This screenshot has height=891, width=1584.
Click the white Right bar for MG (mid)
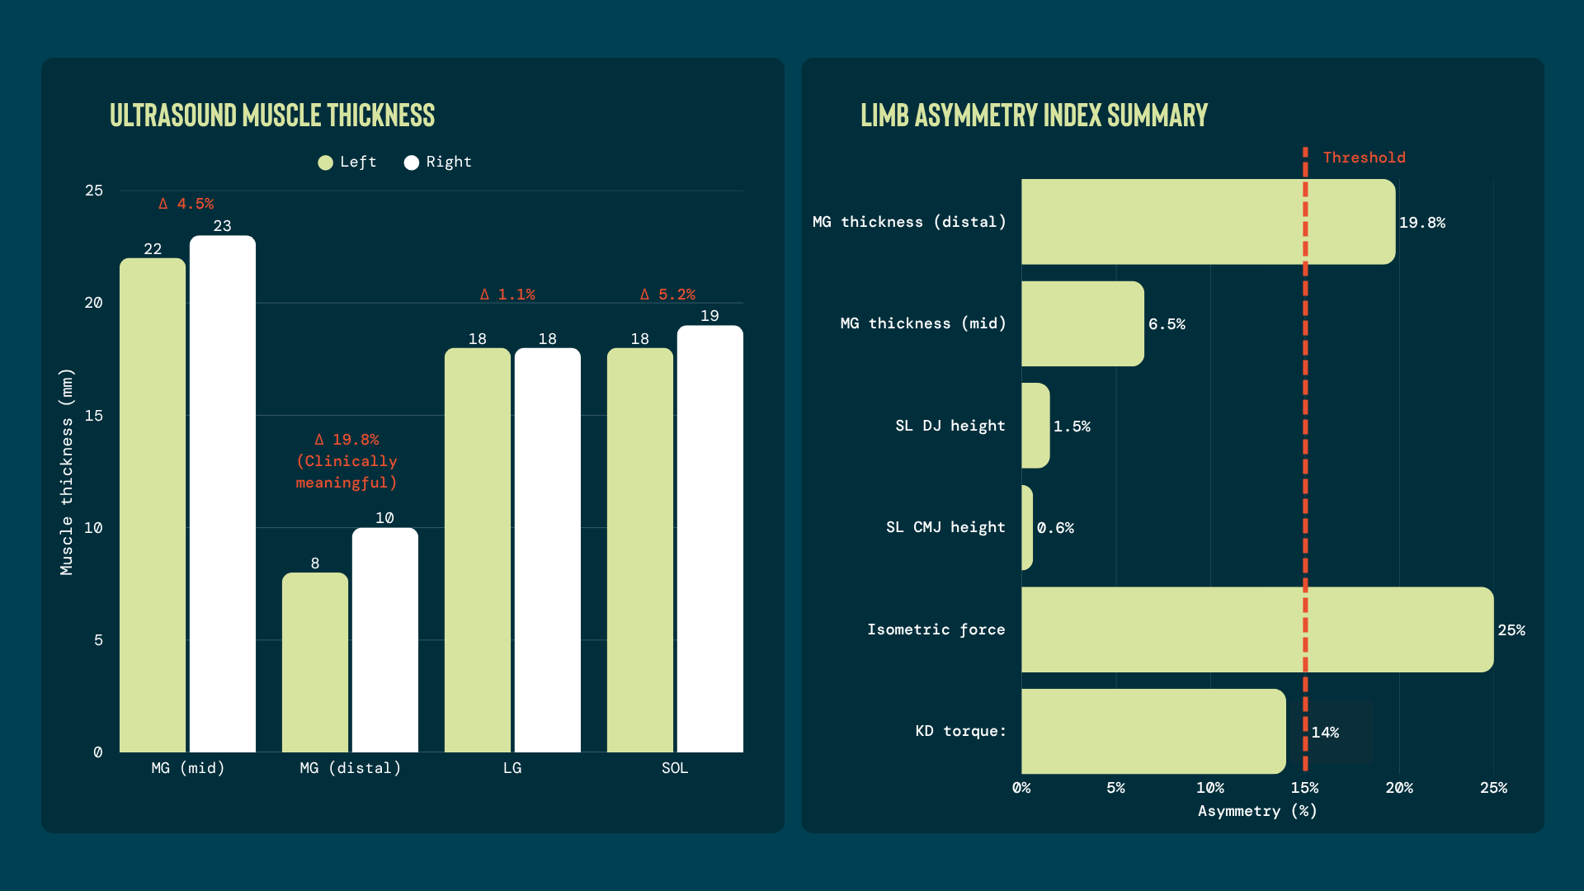pyautogui.click(x=223, y=494)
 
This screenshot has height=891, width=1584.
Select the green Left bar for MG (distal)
pyautogui.click(x=315, y=662)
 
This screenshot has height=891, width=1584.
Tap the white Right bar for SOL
pyautogui.click(x=710, y=539)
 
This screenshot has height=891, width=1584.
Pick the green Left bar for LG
pyautogui.click(x=478, y=550)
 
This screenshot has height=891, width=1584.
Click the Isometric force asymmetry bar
pyautogui.click(x=1257, y=629)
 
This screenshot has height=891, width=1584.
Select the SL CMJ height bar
pyautogui.click(x=1027, y=527)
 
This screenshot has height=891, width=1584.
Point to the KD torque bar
pyautogui.click(x=1153, y=732)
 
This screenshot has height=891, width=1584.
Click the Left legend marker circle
pyautogui.click(x=326, y=163)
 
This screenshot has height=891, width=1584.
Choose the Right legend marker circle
pyautogui.click(x=412, y=163)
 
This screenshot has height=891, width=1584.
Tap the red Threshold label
pyautogui.click(x=1365, y=158)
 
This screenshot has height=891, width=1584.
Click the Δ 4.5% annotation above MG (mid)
pyautogui.click(x=186, y=204)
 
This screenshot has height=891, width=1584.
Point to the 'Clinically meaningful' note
pyautogui.click(x=346, y=472)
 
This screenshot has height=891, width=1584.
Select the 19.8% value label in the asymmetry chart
pyautogui.click(x=1422, y=223)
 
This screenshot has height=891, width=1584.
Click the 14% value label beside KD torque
pyautogui.click(x=1325, y=733)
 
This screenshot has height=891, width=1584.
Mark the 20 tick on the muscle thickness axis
pyautogui.click(x=93, y=303)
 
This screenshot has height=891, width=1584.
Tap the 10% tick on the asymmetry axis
pyautogui.click(x=1210, y=788)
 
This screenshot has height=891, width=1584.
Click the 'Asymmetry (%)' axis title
pyautogui.click(x=1257, y=812)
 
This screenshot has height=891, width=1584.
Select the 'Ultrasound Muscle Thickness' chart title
pyautogui.click(x=272, y=115)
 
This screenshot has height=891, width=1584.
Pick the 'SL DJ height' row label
pyautogui.click(x=950, y=426)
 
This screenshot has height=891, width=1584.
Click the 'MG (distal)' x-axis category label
pyautogui.click(x=351, y=768)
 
